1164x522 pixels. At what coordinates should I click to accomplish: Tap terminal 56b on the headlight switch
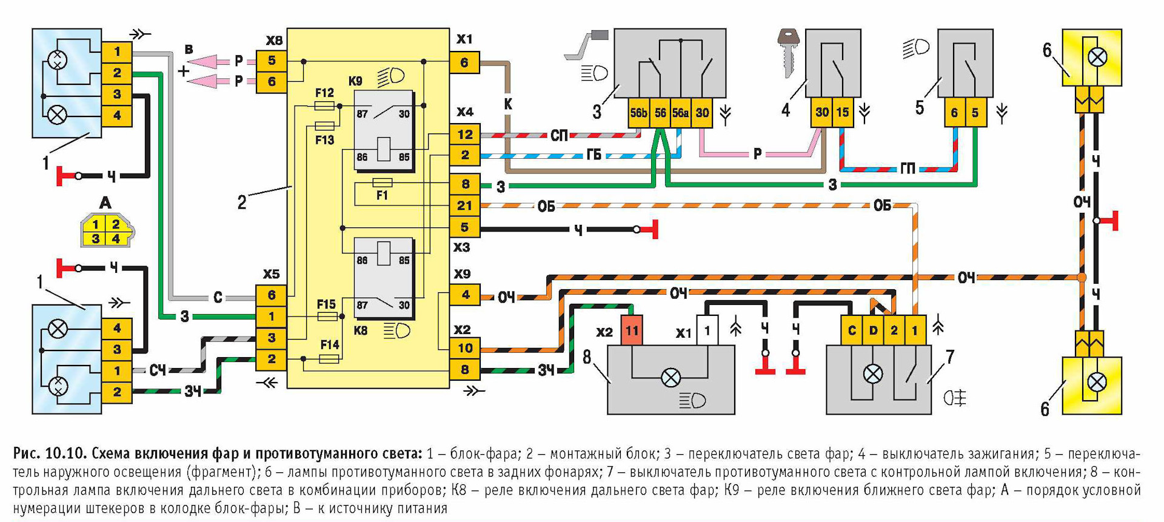coord(638,113)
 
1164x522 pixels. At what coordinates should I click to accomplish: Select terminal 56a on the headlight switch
coord(680,113)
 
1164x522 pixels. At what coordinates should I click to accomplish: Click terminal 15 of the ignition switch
coord(843,112)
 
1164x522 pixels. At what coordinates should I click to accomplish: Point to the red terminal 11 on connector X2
coord(632,330)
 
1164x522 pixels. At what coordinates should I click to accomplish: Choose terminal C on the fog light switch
coord(852,330)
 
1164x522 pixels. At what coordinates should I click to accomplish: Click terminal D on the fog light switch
coord(873,330)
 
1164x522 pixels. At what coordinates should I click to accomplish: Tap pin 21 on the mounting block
coord(464,206)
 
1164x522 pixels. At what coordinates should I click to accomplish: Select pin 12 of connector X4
coord(464,135)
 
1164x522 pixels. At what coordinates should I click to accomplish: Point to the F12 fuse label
coord(324,93)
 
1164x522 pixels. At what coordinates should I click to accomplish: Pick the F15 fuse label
coord(326,304)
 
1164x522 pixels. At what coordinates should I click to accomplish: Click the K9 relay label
coord(355,81)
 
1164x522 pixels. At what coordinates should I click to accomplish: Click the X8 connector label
coord(274,41)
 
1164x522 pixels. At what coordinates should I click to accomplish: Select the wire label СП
coord(559,135)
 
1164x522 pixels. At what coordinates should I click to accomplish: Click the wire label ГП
coord(908,169)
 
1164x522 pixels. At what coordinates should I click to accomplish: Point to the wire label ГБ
coord(594,155)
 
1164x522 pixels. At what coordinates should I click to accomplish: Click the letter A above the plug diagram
coord(105,203)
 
